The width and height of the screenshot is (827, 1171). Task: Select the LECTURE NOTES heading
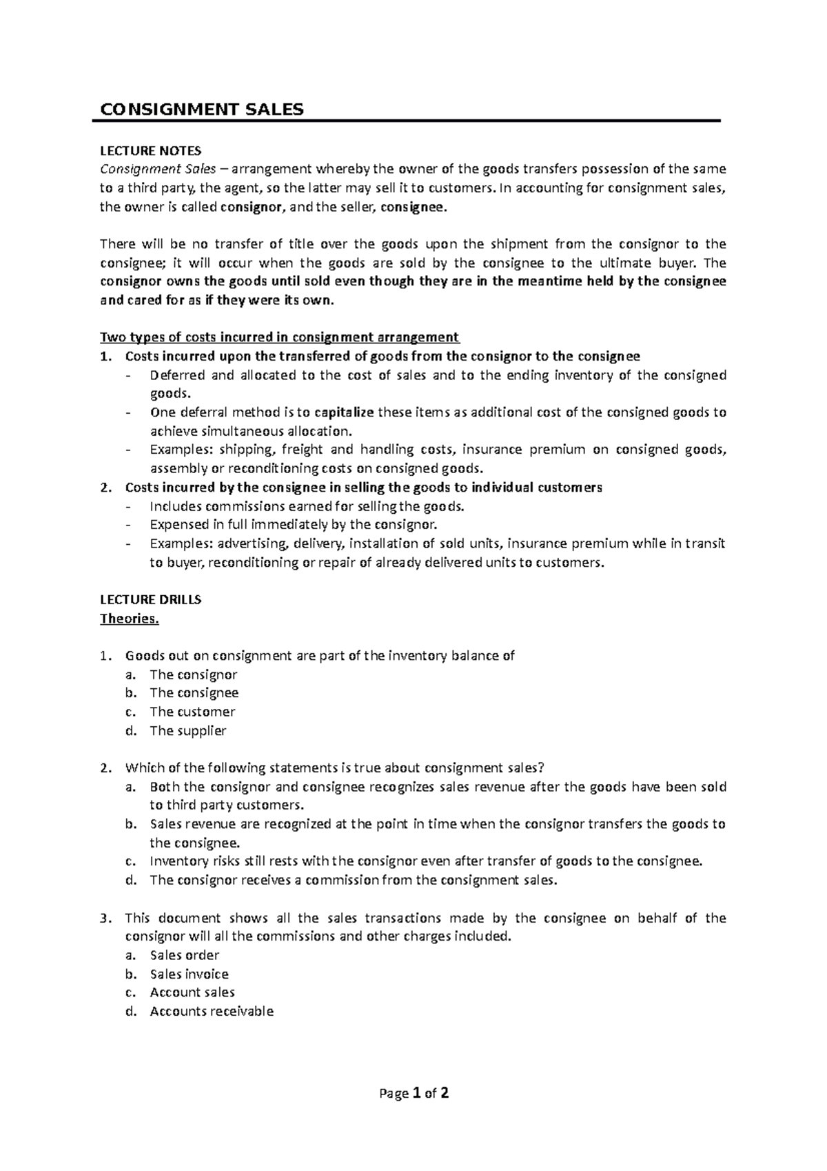click(x=150, y=150)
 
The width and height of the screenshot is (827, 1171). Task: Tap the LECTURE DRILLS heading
click(x=150, y=599)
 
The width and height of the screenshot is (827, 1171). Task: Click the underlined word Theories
click(x=129, y=618)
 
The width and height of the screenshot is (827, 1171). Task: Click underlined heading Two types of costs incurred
click(x=279, y=337)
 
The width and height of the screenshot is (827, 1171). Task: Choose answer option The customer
click(x=192, y=712)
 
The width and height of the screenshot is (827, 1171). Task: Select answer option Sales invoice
click(x=189, y=974)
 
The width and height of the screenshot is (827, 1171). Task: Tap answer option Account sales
click(x=192, y=992)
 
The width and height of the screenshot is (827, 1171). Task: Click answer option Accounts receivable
click(x=212, y=1011)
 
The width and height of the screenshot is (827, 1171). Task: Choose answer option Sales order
click(x=184, y=955)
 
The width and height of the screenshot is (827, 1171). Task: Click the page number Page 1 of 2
click(x=413, y=1093)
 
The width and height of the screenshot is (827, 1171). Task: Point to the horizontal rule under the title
click(x=407, y=121)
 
